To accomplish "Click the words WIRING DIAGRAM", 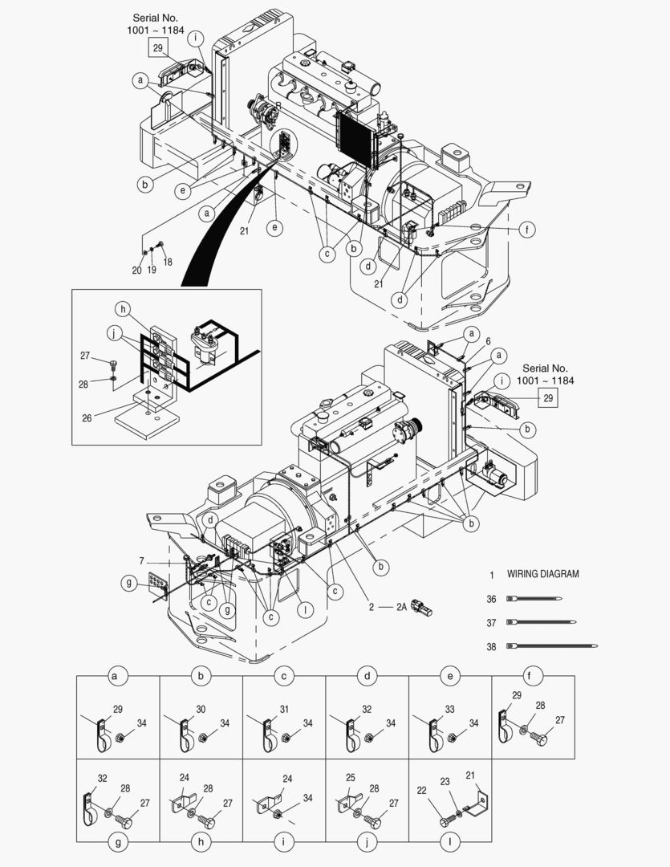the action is [543, 574].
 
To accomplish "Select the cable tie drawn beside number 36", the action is [534, 598].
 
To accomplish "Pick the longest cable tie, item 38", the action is [552, 645].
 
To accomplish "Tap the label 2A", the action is [401, 607].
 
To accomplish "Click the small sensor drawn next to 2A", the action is [422, 608].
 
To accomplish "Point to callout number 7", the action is [141, 561].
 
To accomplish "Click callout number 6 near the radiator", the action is [488, 342].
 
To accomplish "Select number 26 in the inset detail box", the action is [87, 418].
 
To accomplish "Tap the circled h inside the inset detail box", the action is [124, 309].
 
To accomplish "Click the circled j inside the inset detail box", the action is [115, 333].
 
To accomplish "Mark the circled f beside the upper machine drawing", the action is [527, 230].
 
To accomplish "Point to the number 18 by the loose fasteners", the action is [168, 262].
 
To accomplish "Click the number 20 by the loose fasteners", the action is [136, 270].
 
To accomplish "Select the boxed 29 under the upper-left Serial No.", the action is [157, 48].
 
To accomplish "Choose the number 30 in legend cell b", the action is [201, 709].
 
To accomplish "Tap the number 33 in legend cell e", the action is [450, 709].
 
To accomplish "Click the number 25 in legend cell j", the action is [351, 777].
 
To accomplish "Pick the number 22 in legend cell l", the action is [422, 791].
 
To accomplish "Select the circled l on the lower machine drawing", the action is [305, 610].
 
